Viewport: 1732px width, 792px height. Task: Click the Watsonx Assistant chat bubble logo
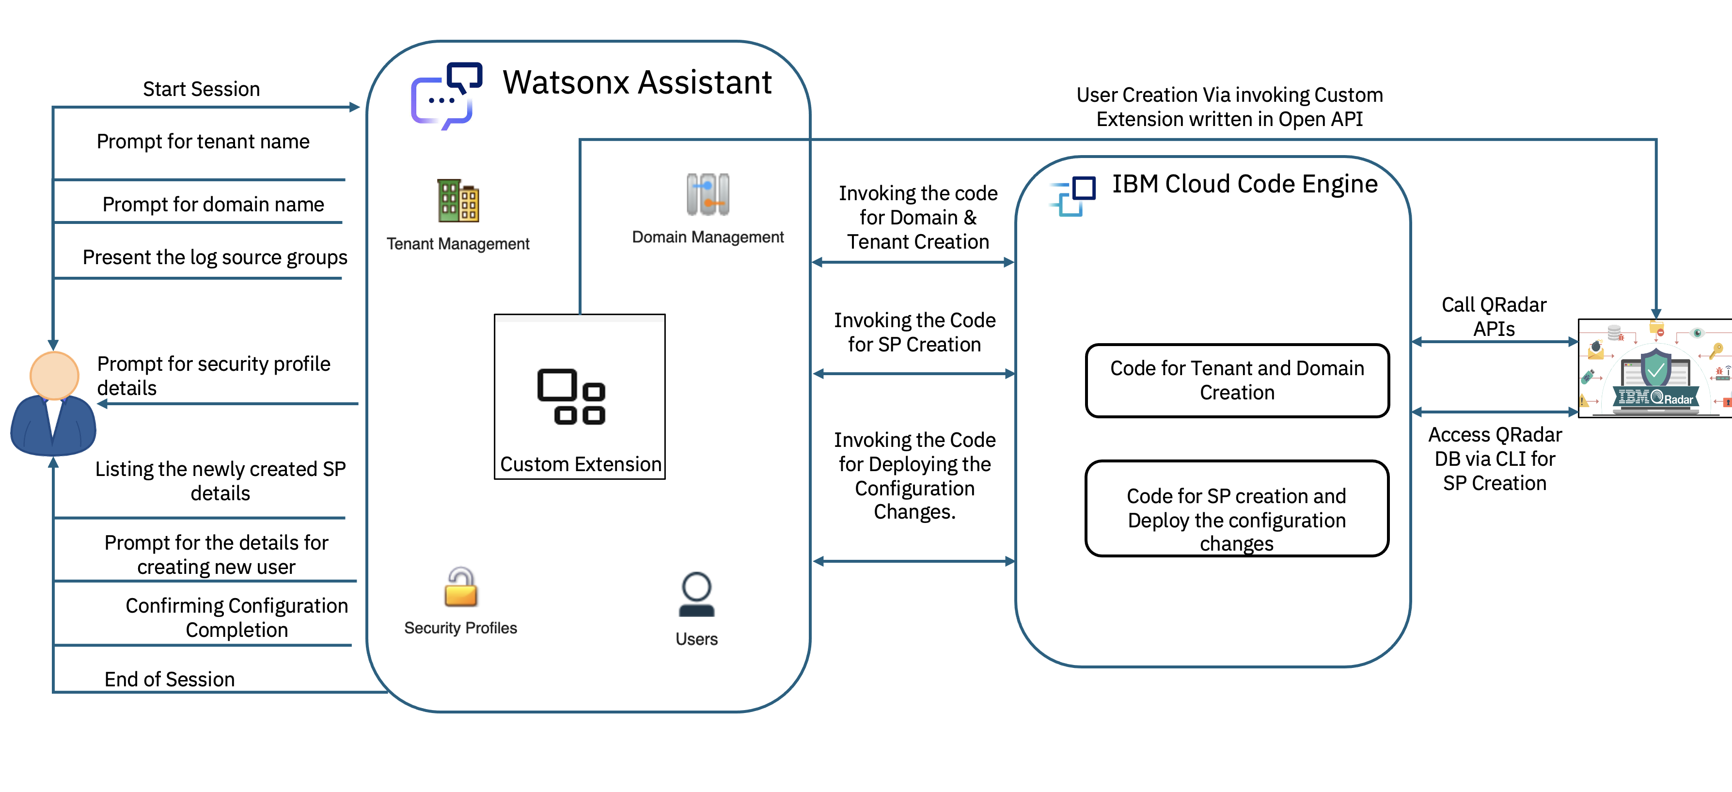pos(446,96)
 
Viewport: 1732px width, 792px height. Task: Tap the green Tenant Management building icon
pos(458,200)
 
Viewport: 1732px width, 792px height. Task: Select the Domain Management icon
pos(708,194)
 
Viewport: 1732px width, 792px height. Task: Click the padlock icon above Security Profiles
pos(460,586)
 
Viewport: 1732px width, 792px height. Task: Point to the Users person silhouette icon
pos(696,594)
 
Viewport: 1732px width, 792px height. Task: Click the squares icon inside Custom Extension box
pos(571,396)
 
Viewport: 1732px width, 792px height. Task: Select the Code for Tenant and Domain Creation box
pos(1237,380)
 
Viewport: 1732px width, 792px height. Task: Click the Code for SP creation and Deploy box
pos(1237,509)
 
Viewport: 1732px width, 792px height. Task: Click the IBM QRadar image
pos(1654,368)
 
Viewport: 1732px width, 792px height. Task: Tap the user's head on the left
pos(54,375)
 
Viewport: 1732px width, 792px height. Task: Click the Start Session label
pos(201,89)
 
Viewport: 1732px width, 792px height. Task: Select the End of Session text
pos(170,679)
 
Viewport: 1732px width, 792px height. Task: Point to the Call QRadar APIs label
pos(1494,317)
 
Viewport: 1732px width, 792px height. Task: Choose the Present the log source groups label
pos(215,257)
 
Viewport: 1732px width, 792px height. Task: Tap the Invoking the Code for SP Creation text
pos(914,332)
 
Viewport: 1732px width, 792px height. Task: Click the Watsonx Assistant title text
pos(637,83)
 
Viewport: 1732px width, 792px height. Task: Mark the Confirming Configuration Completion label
pos(236,617)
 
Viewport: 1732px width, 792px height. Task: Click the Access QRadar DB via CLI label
pos(1495,459)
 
